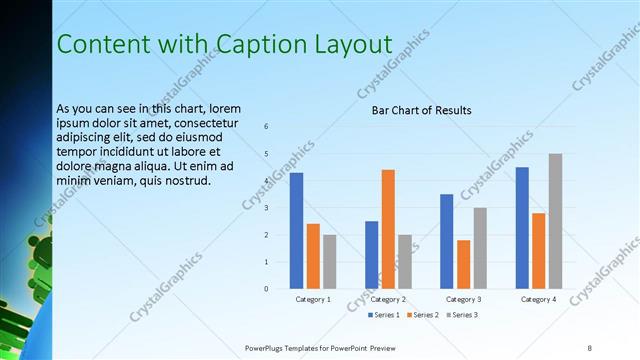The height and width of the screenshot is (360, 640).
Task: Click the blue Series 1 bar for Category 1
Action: (296, 231)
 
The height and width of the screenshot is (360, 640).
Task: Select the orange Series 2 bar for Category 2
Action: (388, 229)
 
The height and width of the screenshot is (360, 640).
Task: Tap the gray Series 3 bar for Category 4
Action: (555, 221)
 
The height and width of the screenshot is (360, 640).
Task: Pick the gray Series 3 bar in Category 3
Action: (480, 248)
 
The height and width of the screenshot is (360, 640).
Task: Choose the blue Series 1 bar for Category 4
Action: (522, 228)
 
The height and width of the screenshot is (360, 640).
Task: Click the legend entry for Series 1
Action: (384, 315)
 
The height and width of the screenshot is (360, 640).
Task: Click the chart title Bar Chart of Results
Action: (421, 110)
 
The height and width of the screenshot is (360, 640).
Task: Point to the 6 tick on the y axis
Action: (266, 126)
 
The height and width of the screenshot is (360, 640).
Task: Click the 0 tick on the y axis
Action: (266, 289)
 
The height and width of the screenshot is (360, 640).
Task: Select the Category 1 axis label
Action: (313, 299)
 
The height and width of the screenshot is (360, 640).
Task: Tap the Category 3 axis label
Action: (463, 299)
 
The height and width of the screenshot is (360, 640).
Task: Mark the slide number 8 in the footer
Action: (590, 347)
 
